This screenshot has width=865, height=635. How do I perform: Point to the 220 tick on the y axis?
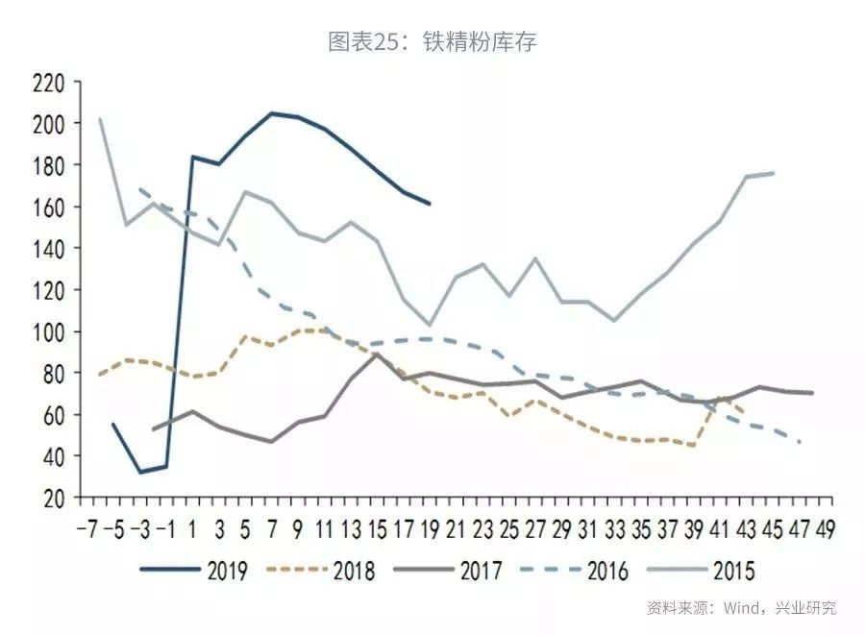point(47,83)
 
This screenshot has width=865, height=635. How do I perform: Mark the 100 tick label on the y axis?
point(47,331)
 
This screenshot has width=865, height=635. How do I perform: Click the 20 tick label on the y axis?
point(53,498)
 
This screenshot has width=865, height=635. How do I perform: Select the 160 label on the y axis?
point(47,208)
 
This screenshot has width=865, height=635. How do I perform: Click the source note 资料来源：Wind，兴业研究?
point(740,608)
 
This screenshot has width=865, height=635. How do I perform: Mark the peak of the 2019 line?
point(272,113)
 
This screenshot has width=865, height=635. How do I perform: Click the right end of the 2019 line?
point(429,204)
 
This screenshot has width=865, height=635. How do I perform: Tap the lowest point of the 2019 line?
point(141,472)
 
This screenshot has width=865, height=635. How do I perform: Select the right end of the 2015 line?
point(774,173)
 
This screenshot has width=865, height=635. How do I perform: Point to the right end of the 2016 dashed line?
point(801,442)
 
